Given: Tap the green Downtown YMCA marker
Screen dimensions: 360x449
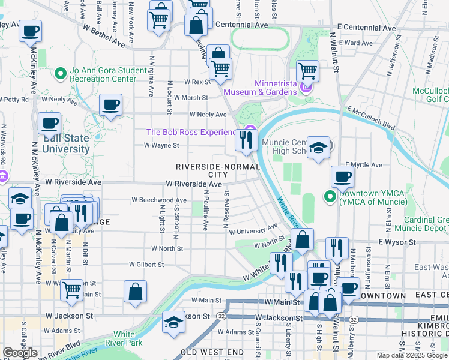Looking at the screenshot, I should point(330,196).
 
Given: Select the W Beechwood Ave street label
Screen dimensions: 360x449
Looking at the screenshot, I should point(159,200).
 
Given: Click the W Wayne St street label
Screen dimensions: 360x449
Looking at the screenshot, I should point(161,145).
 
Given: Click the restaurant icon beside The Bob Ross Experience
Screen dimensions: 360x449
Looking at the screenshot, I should point(246,141).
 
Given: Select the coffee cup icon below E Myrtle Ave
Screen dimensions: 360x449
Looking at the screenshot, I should point(342,176).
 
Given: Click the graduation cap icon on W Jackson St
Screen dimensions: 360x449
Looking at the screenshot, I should point(174,322).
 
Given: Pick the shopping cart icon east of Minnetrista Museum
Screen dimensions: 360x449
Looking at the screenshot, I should point(307,70).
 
